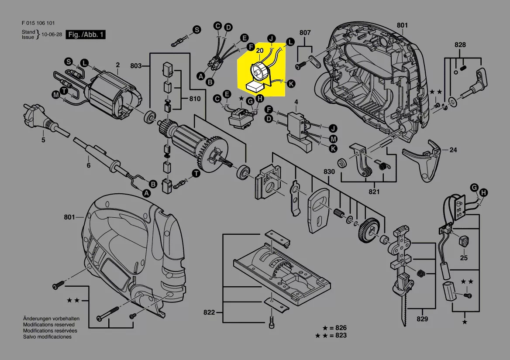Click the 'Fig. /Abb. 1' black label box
86,34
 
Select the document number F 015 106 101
38,23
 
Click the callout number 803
136,66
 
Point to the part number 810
194,99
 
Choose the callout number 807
305,33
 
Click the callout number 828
460,45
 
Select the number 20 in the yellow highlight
259,51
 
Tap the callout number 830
329,172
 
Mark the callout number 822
210,312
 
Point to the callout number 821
374,192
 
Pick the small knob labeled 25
463,241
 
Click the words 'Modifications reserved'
48,325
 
